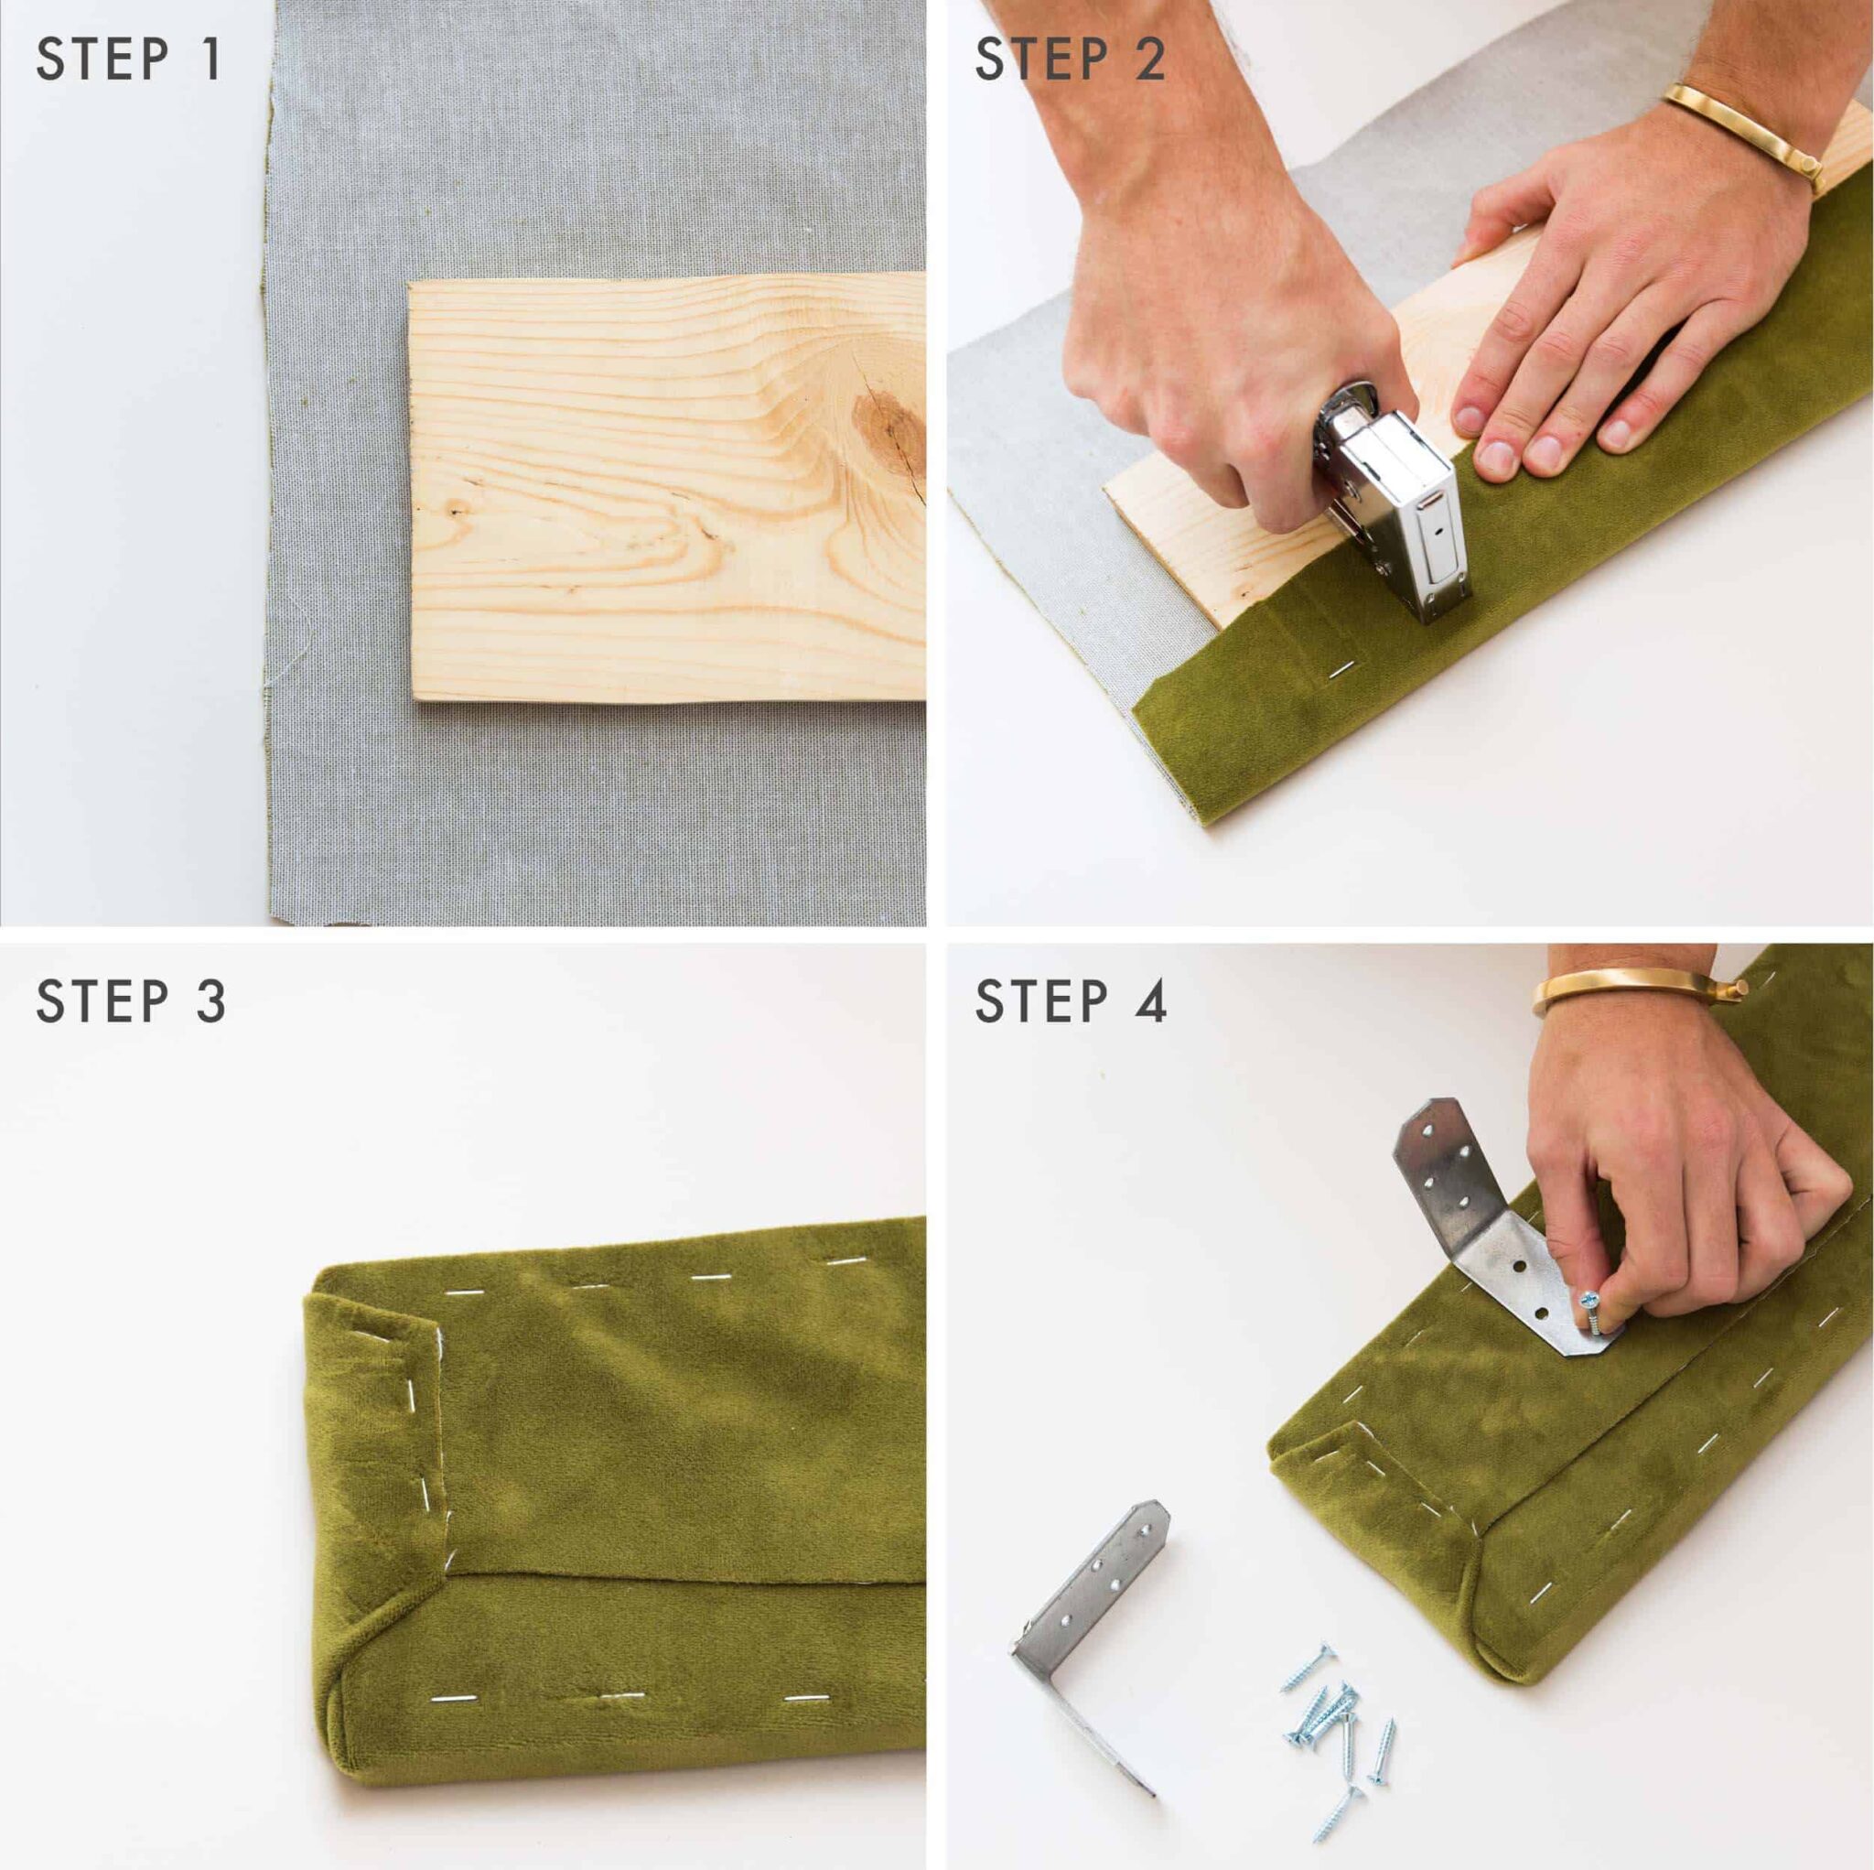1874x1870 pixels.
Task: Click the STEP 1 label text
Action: click(129, 60)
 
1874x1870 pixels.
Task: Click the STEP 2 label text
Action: click(1070, 60)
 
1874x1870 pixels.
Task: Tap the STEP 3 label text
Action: click(131, 1002)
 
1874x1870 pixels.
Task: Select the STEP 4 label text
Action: click(1071, 1002)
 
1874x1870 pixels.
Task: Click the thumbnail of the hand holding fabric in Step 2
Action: click(1490, 456)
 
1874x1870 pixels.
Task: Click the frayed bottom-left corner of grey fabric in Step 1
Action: click(291, 913)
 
